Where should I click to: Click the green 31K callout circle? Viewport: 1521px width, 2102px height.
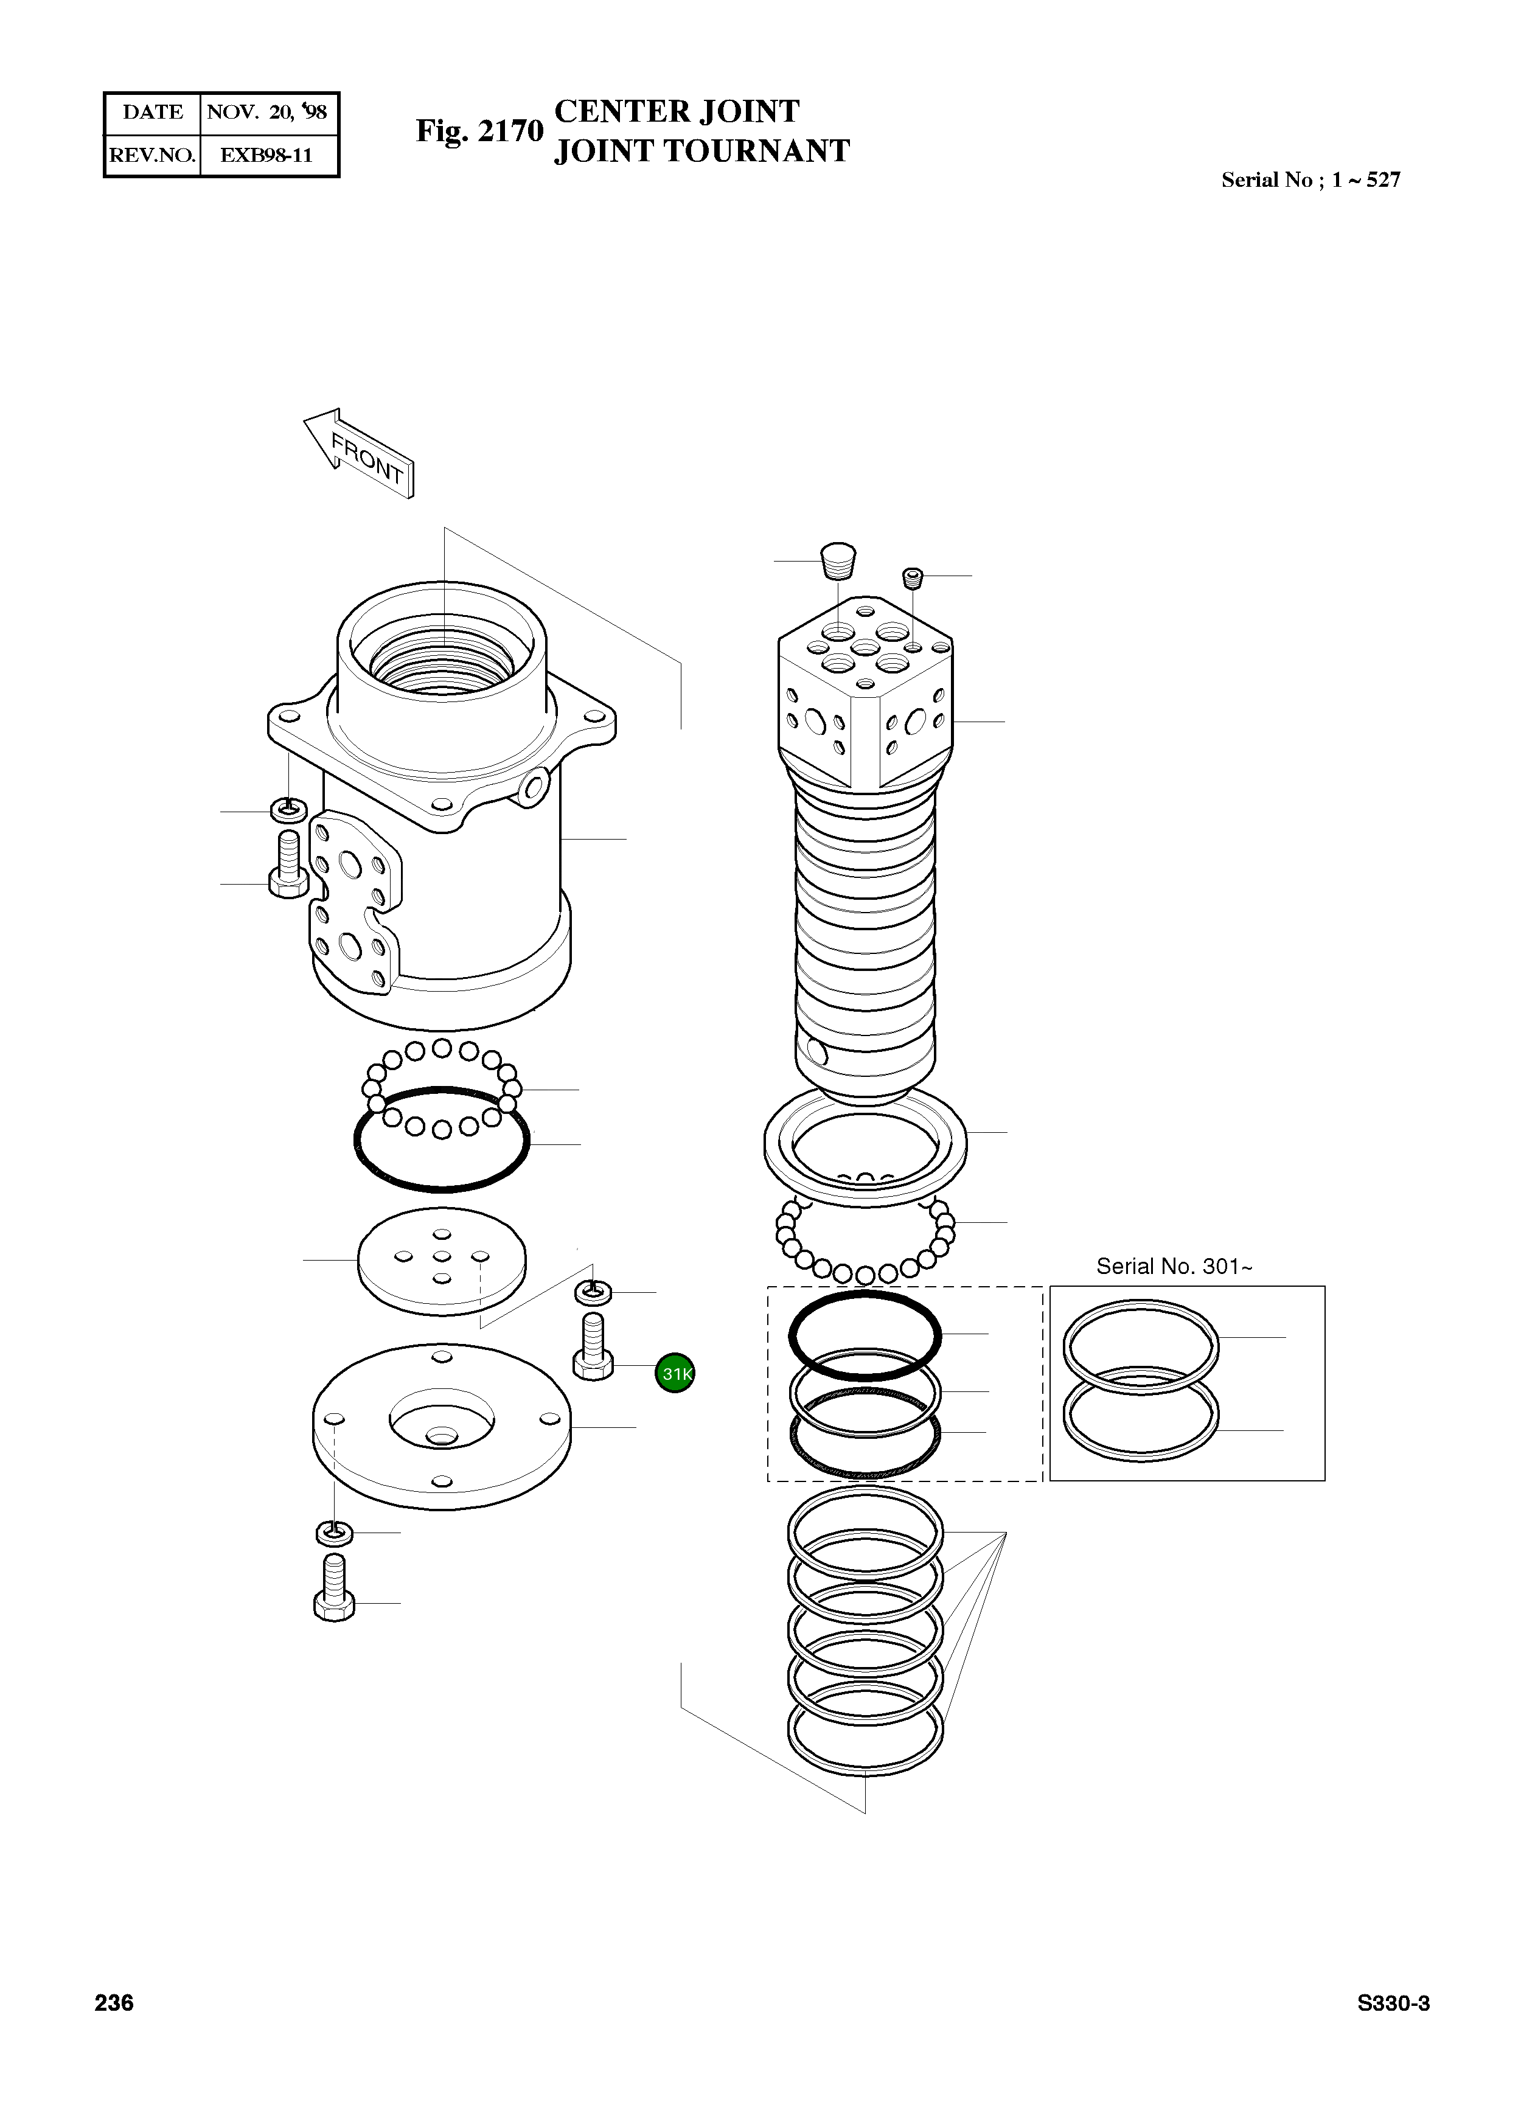pos(674,1374)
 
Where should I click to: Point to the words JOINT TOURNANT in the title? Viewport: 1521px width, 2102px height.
pos(701,151)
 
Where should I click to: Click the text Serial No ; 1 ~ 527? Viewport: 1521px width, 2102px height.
pos(1310,180)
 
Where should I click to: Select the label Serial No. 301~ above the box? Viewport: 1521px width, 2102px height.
pos(1174,1266)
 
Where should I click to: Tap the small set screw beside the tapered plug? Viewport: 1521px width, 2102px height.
pos(913,579)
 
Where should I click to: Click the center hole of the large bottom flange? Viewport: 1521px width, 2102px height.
pos(441,1436)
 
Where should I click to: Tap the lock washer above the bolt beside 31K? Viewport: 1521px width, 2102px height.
pos(593,1290)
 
